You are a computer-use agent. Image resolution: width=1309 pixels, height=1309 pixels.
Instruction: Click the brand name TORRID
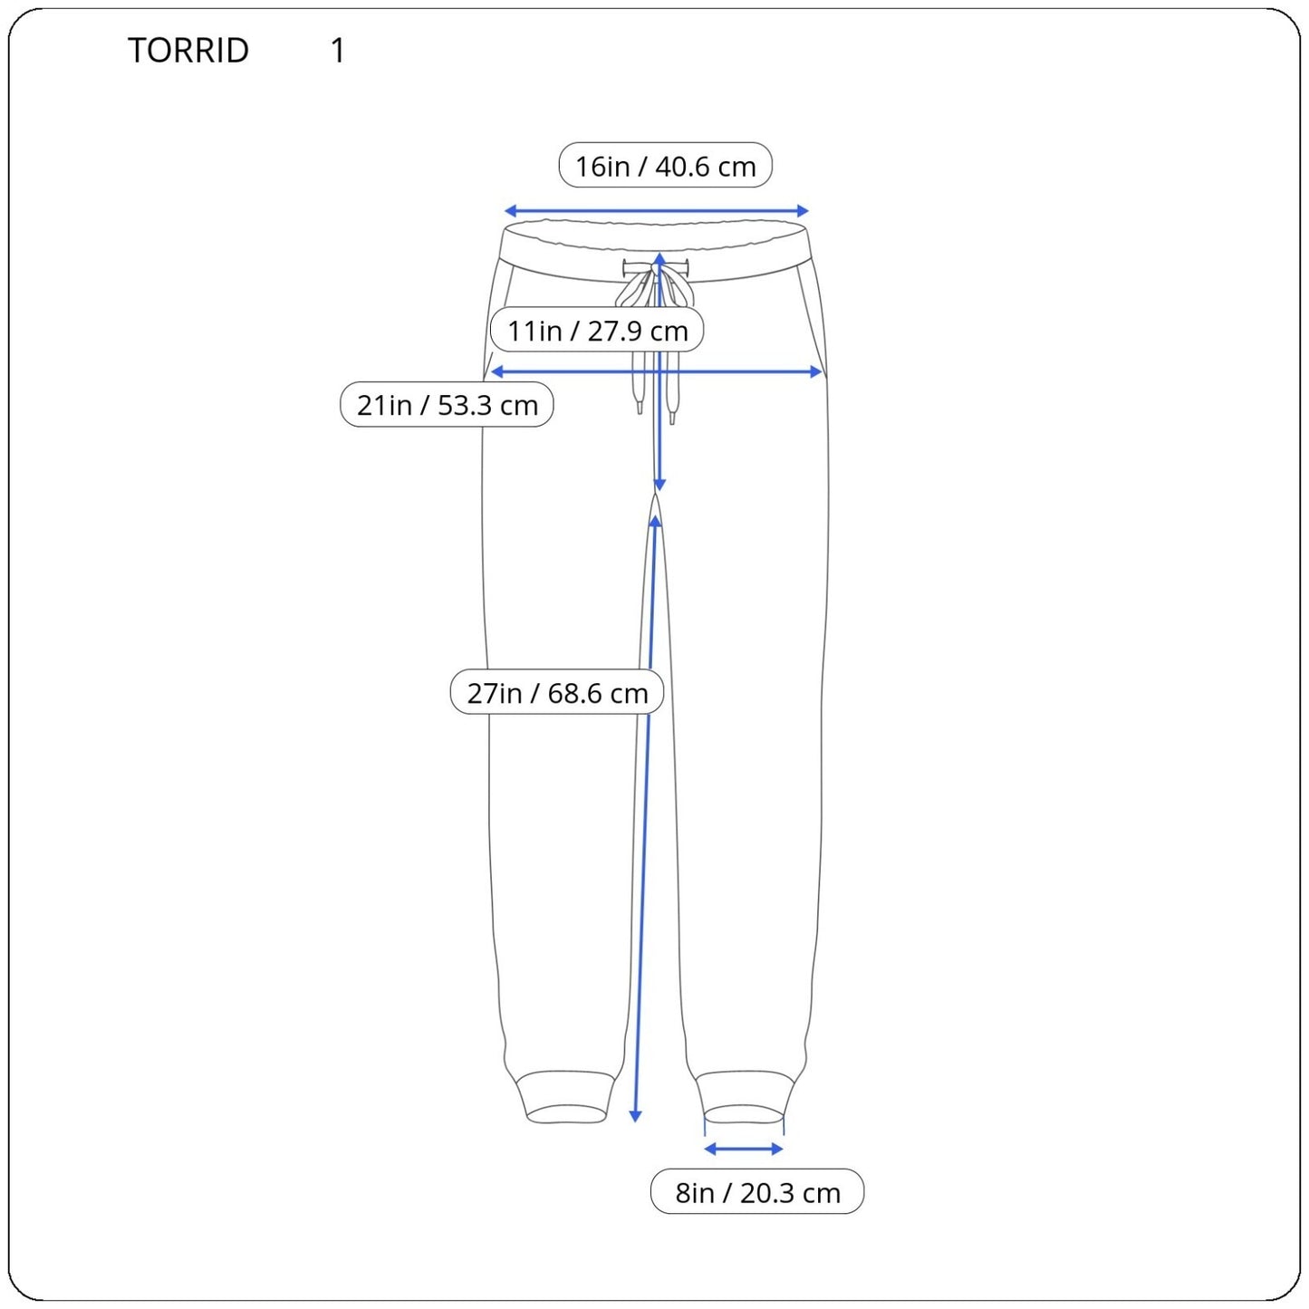188,51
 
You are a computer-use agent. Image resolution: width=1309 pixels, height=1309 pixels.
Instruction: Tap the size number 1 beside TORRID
338,51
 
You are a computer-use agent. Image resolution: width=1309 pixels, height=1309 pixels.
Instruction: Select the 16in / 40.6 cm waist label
665,165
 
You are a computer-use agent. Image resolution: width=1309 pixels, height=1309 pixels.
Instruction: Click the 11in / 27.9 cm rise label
597,330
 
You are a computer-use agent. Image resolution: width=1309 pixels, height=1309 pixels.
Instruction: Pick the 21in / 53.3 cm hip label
447,405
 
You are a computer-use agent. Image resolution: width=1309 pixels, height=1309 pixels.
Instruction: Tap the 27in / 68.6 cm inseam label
557,693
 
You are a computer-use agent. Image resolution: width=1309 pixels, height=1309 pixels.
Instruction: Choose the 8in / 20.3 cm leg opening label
757,1192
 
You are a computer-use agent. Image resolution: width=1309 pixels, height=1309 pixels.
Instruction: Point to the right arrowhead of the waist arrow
803,210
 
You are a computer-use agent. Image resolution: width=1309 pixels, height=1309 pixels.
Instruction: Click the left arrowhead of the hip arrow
496,371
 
